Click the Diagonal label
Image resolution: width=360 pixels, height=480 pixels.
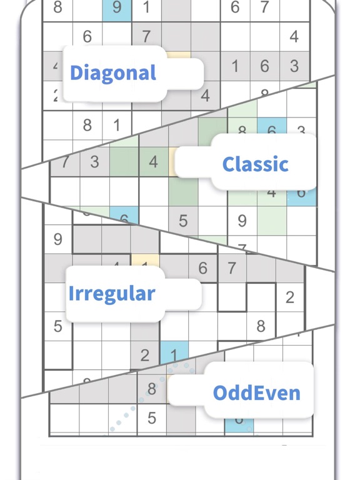point(113,72)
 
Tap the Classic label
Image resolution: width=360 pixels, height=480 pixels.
point(255,164)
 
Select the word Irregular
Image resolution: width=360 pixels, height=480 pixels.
point(112,293)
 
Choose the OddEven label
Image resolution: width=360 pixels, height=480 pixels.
point(256,392)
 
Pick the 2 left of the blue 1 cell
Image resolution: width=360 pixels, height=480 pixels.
point(145,355)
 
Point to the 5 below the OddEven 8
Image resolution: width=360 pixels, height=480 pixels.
point(151,417)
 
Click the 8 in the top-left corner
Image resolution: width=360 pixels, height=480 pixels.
point(58,7)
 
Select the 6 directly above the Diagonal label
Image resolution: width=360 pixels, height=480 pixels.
point(87,36)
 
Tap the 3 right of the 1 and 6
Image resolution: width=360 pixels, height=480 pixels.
point(294,66)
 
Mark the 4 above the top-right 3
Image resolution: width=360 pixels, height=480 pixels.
point(294,36)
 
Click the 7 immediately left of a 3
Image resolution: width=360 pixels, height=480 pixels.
point(65,162)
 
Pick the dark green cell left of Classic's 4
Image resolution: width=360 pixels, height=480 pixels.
point(123,162)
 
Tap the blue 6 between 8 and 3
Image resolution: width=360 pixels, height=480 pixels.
point(272,129)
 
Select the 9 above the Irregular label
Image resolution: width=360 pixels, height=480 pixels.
point(58,239)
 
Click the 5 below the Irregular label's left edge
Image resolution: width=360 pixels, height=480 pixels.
point(58,326)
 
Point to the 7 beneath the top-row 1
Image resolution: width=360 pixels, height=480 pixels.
point(146,36)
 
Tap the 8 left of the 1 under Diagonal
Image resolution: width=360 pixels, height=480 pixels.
point(87,125)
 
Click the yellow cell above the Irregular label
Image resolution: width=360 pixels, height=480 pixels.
point(145,261)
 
